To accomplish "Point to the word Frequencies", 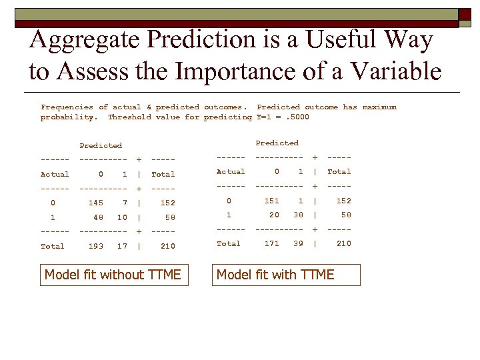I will (x=67, y=107).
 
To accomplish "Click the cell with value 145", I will (x=96, y=203).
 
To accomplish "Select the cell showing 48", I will (x=99, y=217).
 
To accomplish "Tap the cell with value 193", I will (x=96, y=246).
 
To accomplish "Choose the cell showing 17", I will (x=122, y=246).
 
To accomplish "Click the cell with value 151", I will (x=272, y=200).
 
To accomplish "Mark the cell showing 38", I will (x=298, y=215).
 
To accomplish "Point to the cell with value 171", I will (x=272, y=243).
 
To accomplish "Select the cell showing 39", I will (x=298, y=243).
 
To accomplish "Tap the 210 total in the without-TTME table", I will (x=168, y=246).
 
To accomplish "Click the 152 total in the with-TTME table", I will (x=343, y=200).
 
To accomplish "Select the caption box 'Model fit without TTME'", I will (x=113, y=275).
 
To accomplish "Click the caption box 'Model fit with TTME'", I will (x=285, y=275).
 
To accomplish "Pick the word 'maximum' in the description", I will (x=379, y=107).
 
